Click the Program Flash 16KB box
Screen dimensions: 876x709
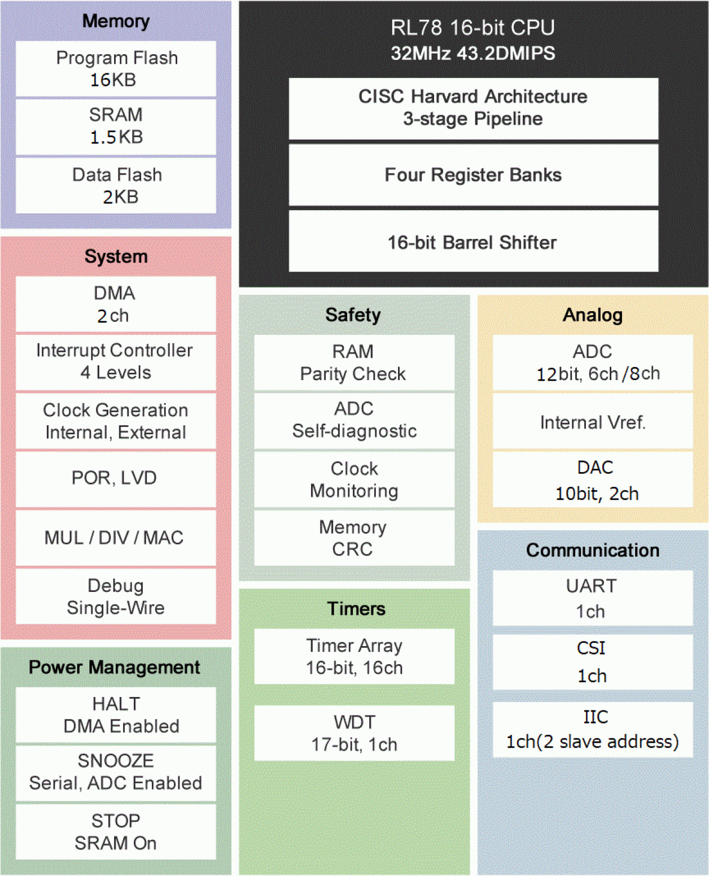pos(116,69)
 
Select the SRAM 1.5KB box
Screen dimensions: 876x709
pos(116,127)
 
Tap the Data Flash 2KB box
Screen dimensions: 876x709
pos(116,185)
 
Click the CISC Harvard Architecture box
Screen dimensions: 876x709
pos(473,108)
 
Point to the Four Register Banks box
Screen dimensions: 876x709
pos(473,175)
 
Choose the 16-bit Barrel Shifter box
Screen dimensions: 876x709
pos(473,242)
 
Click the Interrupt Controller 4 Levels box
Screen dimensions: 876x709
pos(116,361)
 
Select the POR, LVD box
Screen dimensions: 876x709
pos(116,478)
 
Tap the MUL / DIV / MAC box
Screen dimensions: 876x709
pos(116,538)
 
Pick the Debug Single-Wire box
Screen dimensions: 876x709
pos(116,596)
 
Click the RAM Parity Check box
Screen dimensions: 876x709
pos(354,363)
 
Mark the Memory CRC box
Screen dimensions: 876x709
pos(354,538)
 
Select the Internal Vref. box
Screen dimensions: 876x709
pos(593,422)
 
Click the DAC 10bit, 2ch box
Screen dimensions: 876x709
pos(593,480)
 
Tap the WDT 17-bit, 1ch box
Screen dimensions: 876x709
pos(354,733)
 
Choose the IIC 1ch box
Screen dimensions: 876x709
pos(593,729)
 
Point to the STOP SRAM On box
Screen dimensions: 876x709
pos(116,831)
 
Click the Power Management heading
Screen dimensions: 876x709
pos(115,667)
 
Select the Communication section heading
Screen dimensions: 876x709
pos(593,550)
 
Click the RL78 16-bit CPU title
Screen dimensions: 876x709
pos(473,28)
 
